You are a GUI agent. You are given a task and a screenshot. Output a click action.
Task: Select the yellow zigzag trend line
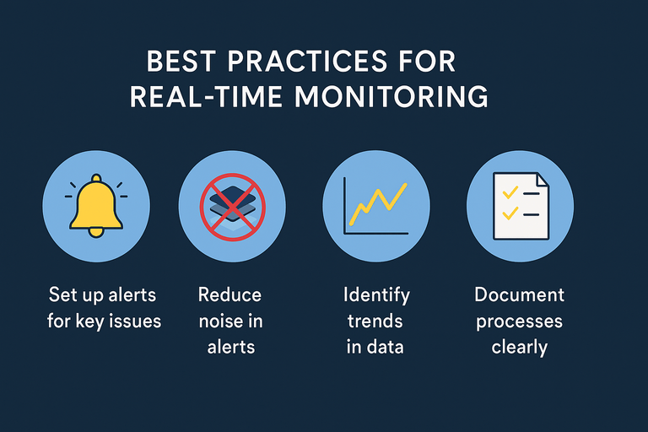[378, 204]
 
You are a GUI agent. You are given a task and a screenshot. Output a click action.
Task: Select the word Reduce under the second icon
[229, 295]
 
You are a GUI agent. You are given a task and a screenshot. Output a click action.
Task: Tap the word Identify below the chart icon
[376, 295]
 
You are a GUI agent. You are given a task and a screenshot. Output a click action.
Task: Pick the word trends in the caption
[376, 321]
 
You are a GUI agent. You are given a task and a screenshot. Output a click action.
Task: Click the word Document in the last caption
[519, 295]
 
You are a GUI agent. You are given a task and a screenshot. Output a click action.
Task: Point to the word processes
[519, 321]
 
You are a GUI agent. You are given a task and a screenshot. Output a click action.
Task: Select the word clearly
[519, 348]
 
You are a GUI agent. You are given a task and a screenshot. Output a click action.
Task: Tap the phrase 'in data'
[376, 348]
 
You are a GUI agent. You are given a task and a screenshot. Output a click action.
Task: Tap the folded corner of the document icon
[539, 180]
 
